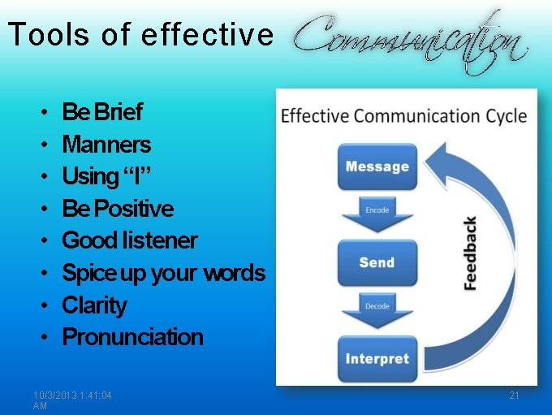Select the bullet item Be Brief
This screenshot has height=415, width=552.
click(102, 112)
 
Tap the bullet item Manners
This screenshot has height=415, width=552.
click(106, 145)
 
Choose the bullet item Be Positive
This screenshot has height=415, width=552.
click(118, 209)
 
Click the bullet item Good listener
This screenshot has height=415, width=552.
click(130, 240)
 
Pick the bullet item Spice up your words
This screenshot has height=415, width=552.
click(163, 273)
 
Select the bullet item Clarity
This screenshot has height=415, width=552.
click(94, 305)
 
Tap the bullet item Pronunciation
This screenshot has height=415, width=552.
click(132, 337)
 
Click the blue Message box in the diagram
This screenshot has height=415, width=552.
click(377, 166)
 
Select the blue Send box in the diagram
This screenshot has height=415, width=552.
click(377, 262)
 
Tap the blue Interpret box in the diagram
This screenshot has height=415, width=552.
click(377, 358)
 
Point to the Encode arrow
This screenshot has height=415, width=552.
click(377, 213)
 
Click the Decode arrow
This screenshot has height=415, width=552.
click(377, 309)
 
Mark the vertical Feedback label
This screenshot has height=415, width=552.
click(470, 253)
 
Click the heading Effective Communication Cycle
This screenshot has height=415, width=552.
click(403, 115)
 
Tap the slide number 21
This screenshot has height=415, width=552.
click(514, 396)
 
